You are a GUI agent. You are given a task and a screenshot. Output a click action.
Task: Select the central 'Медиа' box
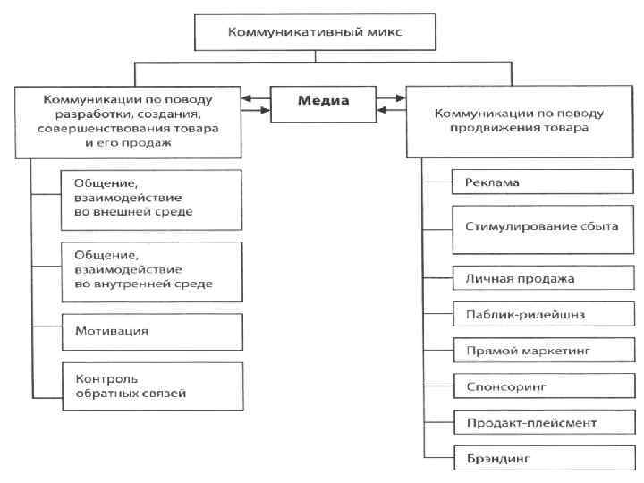coord(324,101)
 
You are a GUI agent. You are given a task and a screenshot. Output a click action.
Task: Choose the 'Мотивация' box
coord(153,331)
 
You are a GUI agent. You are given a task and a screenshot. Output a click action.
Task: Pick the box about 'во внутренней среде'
coord(153,268)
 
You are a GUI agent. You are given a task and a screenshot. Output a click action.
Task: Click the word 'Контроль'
coord(100,377)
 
